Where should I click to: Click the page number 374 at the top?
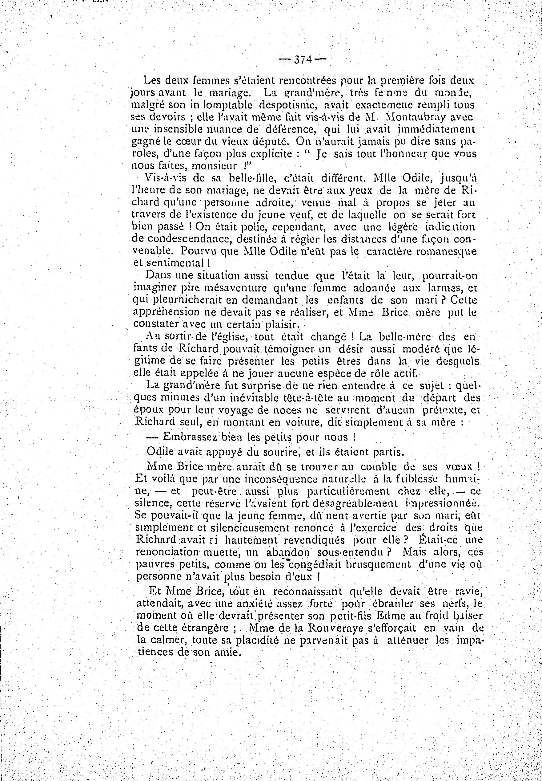pyautogui.click(x=302, y=60)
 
